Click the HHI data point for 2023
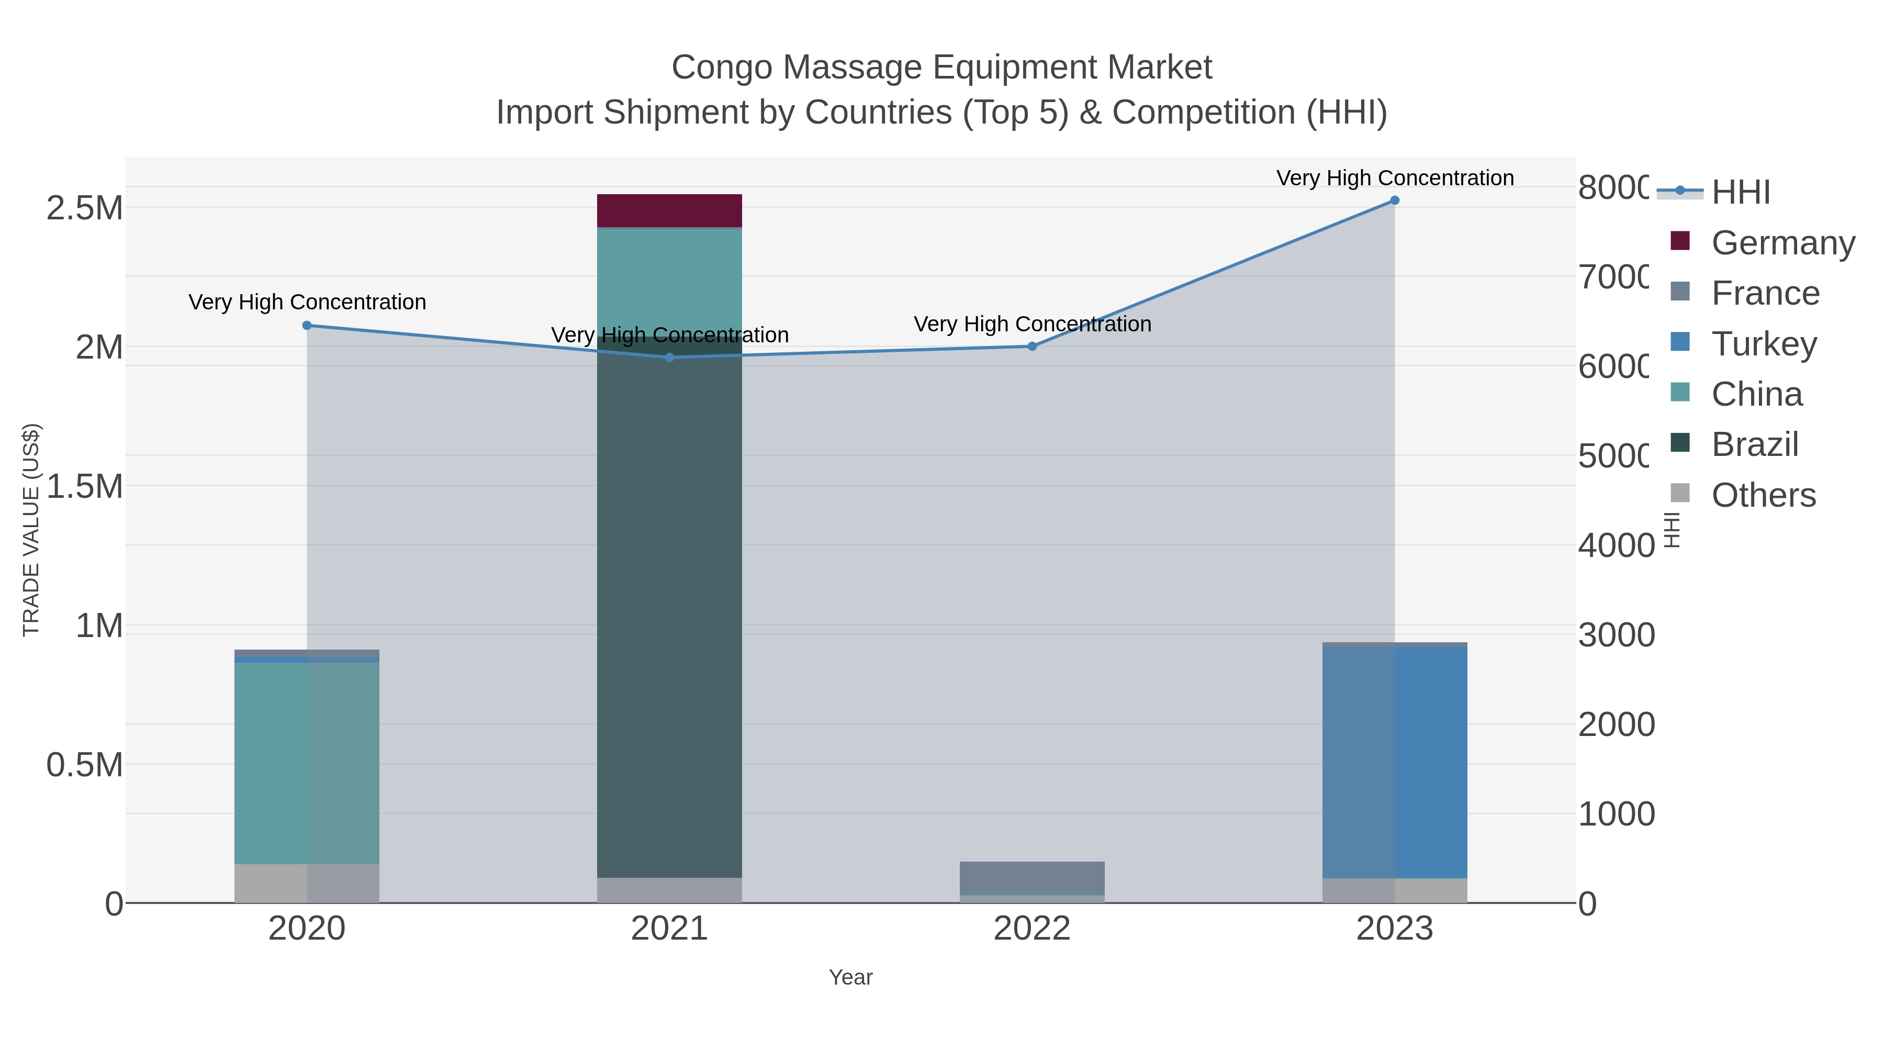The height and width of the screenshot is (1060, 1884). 1395,200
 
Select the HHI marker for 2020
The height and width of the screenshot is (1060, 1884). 307,326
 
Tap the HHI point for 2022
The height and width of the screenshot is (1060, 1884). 1032,346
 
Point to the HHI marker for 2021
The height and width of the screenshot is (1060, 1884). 669,357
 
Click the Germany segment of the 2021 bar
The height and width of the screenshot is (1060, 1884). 669,210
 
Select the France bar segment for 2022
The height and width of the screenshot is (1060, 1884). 1032,878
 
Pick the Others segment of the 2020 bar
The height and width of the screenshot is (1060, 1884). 307,883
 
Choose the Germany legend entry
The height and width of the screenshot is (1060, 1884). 1763,242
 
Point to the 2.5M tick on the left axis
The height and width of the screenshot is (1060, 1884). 85,208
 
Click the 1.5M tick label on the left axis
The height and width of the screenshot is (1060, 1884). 85,486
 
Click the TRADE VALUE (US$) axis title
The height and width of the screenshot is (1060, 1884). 31,530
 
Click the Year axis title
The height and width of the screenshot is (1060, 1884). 850,977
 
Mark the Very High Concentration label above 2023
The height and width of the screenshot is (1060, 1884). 1395,178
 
